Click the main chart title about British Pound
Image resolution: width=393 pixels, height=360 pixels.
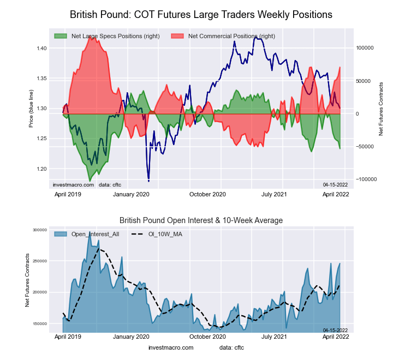tap(201, 13)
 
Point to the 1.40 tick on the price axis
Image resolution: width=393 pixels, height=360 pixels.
tap(41, 49)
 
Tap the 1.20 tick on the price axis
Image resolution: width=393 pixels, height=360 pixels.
tap(41, 169)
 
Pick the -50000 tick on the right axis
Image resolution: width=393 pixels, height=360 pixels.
tap(366, 147)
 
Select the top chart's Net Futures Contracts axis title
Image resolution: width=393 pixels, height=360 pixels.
tap(380, 109)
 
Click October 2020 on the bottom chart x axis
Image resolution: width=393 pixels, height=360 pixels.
tap(207, 338)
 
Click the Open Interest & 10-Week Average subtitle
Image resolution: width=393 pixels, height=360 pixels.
tap(201, 220)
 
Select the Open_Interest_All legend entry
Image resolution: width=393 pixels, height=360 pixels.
tap(92, 234)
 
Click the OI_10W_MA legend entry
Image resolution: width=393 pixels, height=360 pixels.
tap(164, 234)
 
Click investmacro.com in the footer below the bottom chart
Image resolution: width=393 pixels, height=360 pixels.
tap(171, 347)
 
